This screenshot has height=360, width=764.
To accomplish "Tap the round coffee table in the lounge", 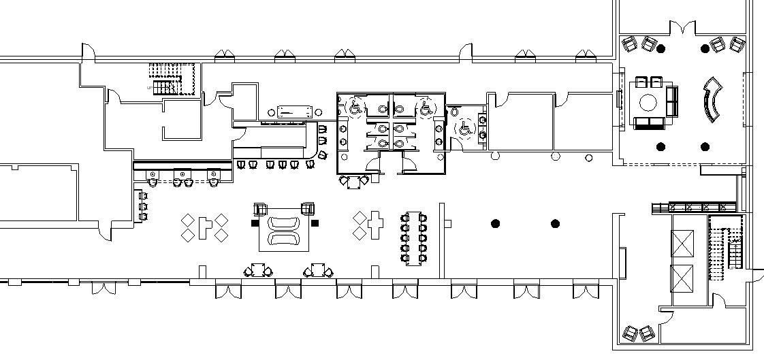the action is [x=648, y=103].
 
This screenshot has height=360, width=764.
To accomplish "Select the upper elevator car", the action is [x=682, y=243].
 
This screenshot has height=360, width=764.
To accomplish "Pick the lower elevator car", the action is [x=682, y=278].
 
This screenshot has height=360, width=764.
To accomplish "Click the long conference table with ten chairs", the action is [x=414, y=238].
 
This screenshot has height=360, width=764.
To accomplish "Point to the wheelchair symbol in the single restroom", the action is [x=466, y=127].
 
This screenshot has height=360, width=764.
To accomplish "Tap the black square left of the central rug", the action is [x=255, y=223].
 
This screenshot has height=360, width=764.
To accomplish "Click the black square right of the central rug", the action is [x=315, y=223].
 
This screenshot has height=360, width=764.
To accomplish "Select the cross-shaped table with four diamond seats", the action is [x=204, y=227].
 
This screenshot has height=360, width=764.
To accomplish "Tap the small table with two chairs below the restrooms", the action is [x=354, y=182].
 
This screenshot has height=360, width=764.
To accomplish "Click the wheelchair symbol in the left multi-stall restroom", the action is [x=355, y=107].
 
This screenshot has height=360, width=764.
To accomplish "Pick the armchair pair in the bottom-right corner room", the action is [x=638, y=333].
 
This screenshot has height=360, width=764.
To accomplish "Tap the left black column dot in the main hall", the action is [x=496, y=223].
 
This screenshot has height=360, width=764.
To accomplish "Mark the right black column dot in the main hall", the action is [x=555, y=223].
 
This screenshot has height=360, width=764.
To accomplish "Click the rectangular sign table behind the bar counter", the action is [x=293, y=112].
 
